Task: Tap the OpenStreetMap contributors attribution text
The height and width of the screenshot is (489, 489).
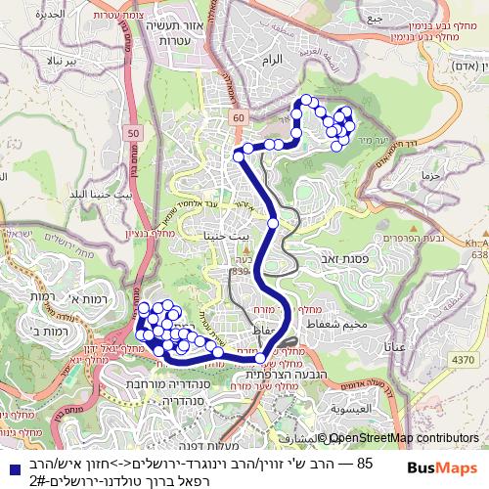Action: [404, 439]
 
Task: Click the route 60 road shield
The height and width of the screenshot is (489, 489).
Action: [240, 118]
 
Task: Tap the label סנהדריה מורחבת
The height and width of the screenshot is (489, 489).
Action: [165, 383]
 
